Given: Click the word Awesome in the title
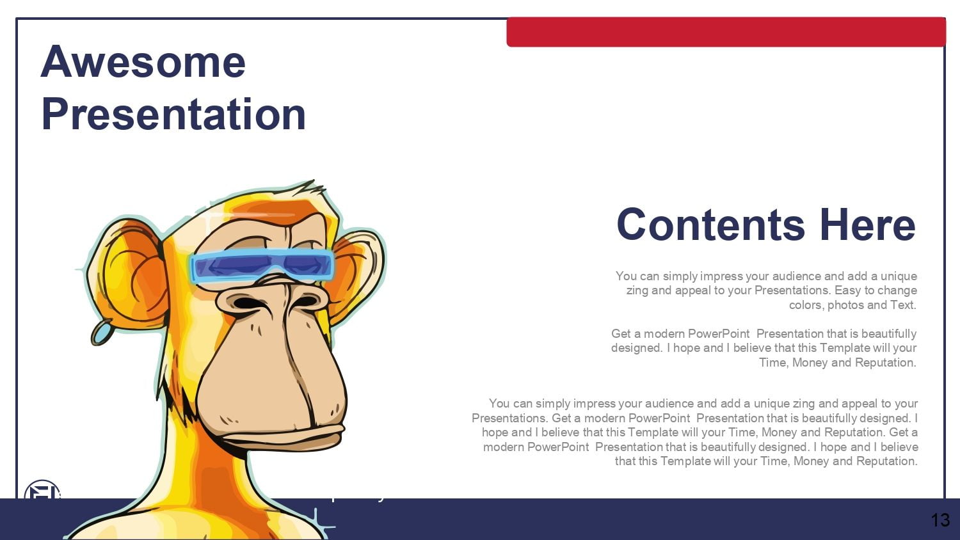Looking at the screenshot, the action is click(143, 63).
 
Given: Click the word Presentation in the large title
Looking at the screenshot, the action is click(173, 114).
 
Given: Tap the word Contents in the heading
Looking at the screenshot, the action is click(710, 225).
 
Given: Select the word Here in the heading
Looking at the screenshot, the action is click(868, 225).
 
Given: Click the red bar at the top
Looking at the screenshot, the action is click(726, 32).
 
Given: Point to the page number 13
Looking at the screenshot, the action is click(940, 520).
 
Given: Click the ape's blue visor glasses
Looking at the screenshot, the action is click(262, 266).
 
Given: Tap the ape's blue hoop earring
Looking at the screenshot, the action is click(101, 332).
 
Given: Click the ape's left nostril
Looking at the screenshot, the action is click(245, 303).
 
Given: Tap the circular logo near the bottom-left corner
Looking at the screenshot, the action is click(42, 489).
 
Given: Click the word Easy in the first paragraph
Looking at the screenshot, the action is click(848, 290).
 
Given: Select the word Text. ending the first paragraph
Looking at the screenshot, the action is click(904, 305).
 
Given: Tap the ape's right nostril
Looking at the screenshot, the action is click(305, 301).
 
